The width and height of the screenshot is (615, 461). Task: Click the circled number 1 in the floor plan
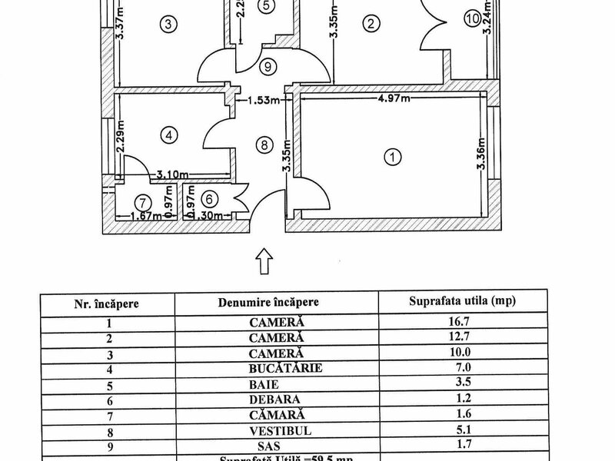point(393,158)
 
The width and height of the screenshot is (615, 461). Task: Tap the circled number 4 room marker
point(169,134)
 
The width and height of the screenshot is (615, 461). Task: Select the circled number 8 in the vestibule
point(264,144)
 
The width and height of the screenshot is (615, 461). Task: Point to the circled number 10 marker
point(472,18)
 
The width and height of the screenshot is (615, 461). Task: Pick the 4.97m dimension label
point(392,98)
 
